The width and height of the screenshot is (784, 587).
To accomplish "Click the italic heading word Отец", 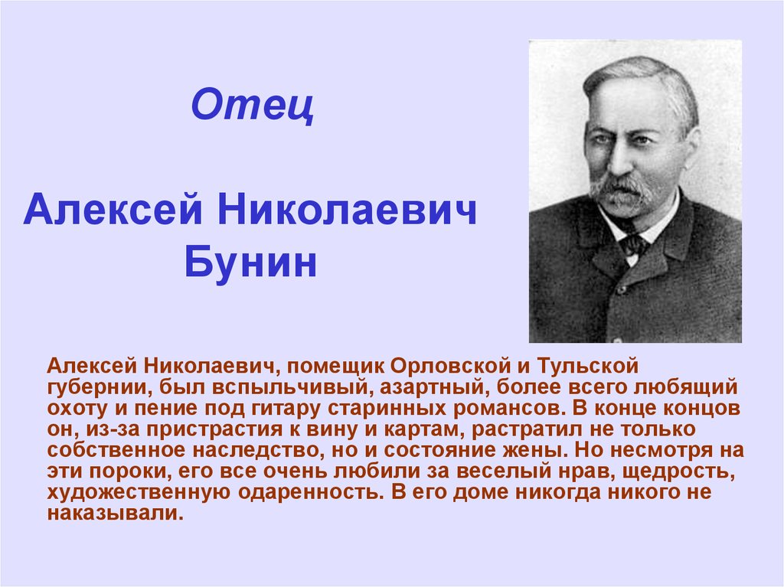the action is (x=253, y=105).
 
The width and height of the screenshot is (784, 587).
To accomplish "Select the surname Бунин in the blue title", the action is (x=250, y=262).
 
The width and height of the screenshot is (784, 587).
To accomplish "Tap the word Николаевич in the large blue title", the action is (x=347, y=209).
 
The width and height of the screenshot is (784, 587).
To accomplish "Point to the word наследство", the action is (x=256, y=451).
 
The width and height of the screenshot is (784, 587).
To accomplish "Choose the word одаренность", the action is (x=308, y=493).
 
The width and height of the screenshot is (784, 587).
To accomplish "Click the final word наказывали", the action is (x=115, y=514).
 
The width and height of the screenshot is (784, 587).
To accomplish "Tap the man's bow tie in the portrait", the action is (x=633, y=246).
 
